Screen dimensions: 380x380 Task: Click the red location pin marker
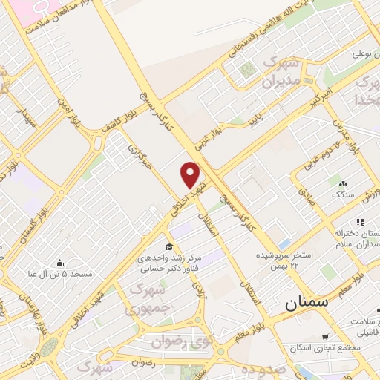[x=191, y=175]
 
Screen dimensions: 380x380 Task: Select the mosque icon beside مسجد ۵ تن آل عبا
[x=60, y=263]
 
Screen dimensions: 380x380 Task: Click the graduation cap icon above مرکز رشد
[x=169, y=246]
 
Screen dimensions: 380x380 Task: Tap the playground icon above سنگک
[x=342, y=183]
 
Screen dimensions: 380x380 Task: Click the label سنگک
[x=344, y=194]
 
